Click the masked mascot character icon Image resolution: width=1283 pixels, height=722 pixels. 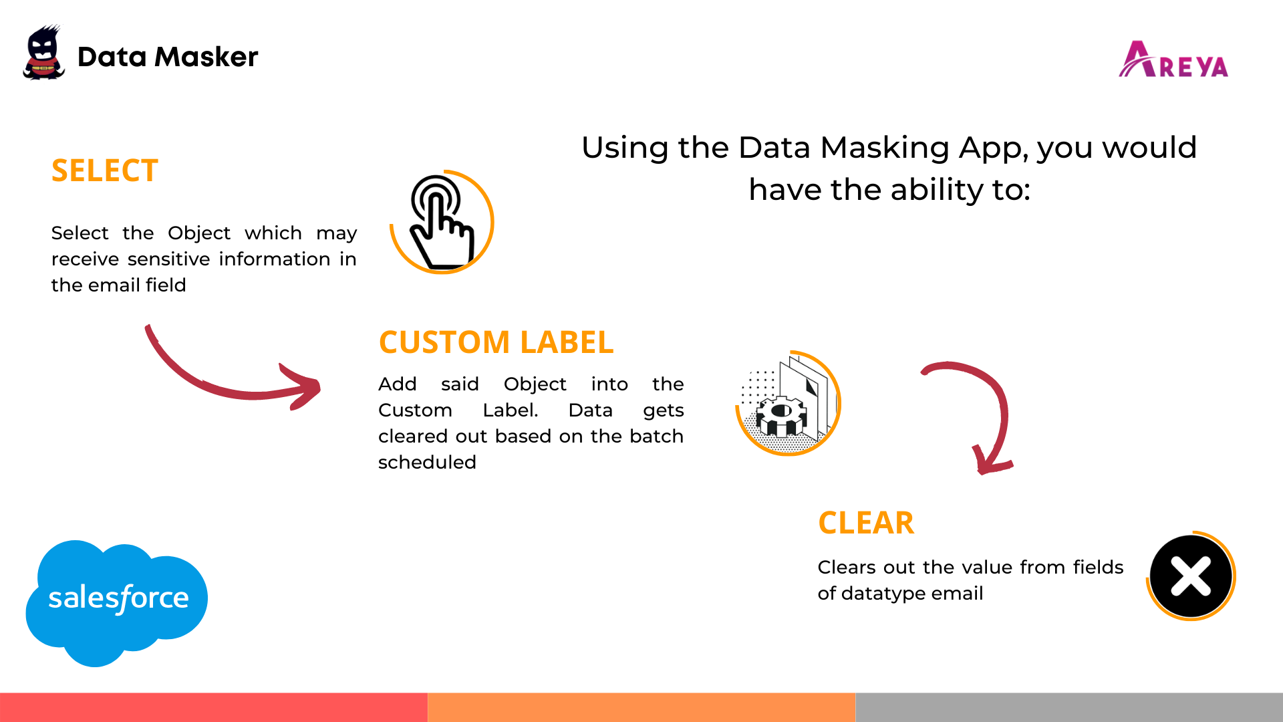tap(43, 53)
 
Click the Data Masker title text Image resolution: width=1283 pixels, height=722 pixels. tap(168, 57)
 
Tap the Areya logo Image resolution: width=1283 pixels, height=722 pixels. tap(1173, 59)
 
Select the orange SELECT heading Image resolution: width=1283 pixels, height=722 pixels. tap(105, 170)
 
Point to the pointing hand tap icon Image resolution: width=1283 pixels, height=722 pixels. tap(442, 222)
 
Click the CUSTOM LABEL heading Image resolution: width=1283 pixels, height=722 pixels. tap(496, 342)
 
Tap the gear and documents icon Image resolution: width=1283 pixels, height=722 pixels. tap(788, 403)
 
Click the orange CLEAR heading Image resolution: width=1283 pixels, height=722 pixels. tap(866, 523)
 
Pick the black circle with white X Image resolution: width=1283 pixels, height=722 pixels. tap(1191, 576)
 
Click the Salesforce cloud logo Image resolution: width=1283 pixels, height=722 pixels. tap(117, 603)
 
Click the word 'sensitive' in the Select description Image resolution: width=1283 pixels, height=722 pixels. tap(170, 259)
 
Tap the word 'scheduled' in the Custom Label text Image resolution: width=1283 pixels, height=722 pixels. tap(427, 463)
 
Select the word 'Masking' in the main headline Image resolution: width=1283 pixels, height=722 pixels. tap(884, 148)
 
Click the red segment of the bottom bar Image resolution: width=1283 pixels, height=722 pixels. tap(214, 707)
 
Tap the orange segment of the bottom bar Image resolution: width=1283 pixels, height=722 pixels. tap(641, 707)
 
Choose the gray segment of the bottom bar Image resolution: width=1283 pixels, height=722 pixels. tap(1069, 707)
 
